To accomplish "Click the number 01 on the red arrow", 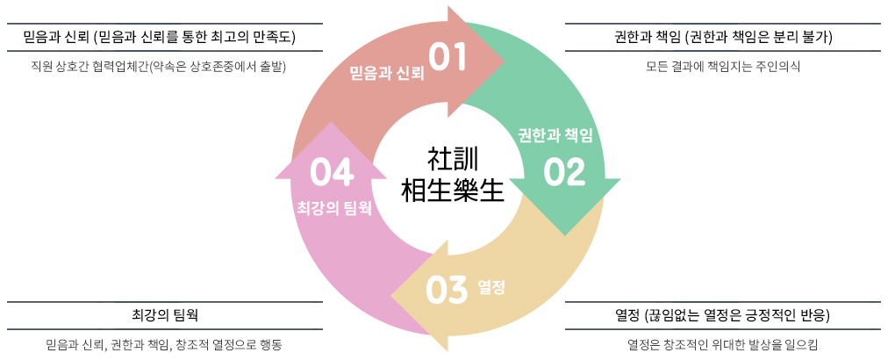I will [x=447, y=58].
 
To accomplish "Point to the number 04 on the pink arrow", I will [x=331, y=172].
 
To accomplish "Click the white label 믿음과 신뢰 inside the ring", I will [x=387, y=72].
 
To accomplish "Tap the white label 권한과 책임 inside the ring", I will [x=556, y=135].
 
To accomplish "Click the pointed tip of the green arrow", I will [x=564, y=234].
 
